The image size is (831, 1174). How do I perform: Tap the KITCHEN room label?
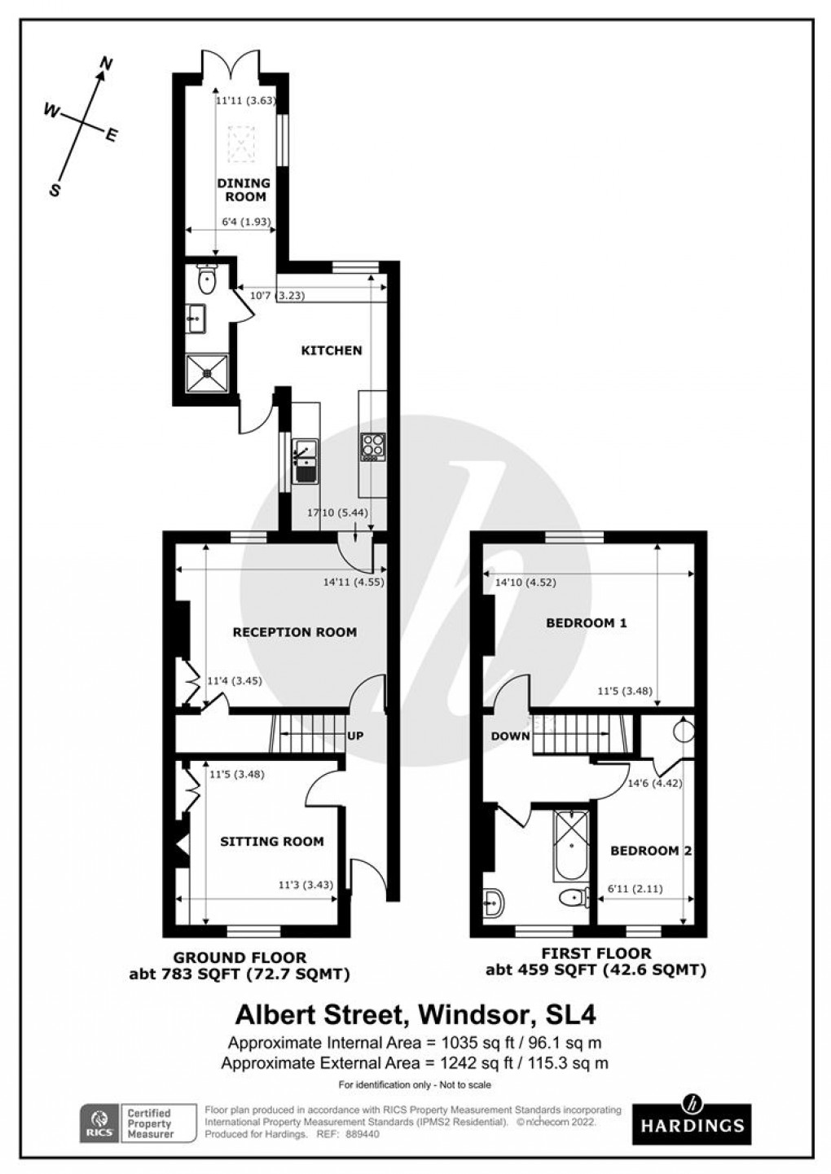click(x=332, y=350)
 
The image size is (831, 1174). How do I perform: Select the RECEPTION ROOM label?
click(x=294, y=631)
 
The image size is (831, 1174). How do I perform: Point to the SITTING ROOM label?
click(x=271, y=841)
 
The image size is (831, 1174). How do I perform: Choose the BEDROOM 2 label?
click(x=651, y=851)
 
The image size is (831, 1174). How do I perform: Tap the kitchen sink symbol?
click(x=306, y=458)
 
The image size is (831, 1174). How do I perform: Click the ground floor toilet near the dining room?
click(x=207, y=279)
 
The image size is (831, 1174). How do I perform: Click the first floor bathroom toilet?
click(x=575, y=899)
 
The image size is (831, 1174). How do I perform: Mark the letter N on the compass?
click(x=105, y=63)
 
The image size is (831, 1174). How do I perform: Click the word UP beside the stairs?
click(x=355, y=736)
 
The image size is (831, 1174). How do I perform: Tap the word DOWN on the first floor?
click(x=510, y=736)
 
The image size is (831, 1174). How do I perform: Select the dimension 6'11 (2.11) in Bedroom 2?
click(x=635, y=890)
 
